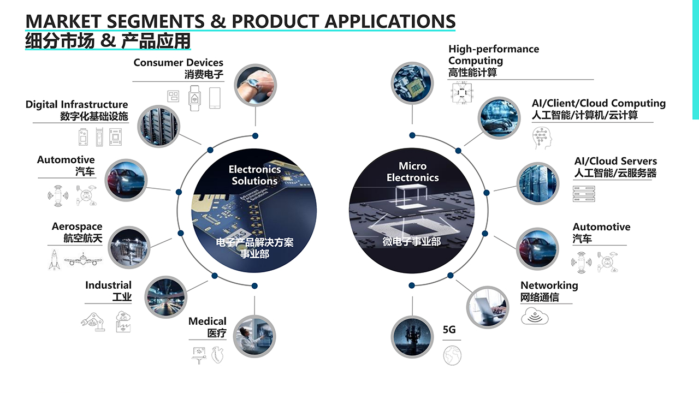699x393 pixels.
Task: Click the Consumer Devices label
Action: click(178, 63)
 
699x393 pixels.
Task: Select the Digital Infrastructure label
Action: click(76, 104)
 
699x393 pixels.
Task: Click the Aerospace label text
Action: click(77, 227)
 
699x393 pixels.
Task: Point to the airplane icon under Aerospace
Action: click(81, 259)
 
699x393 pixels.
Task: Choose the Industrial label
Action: click(108, 285)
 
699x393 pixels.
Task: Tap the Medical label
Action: click(207, 321)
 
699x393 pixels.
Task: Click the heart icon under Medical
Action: click(218, 354)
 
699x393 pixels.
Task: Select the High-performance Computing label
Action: click(494, 55)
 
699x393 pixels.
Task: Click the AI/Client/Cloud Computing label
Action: click(599, 103)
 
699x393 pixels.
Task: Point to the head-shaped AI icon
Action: click(542, 138)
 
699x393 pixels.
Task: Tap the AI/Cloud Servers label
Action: click(615, 161)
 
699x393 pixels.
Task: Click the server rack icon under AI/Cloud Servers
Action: click(583, 194)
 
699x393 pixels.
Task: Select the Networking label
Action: click(549, 285)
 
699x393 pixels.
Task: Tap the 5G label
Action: click(449, 330)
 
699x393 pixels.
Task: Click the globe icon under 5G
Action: click(452, 355)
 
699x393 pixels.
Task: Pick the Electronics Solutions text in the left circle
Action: click(254, 175)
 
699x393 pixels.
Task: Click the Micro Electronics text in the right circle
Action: click(412, 172)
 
